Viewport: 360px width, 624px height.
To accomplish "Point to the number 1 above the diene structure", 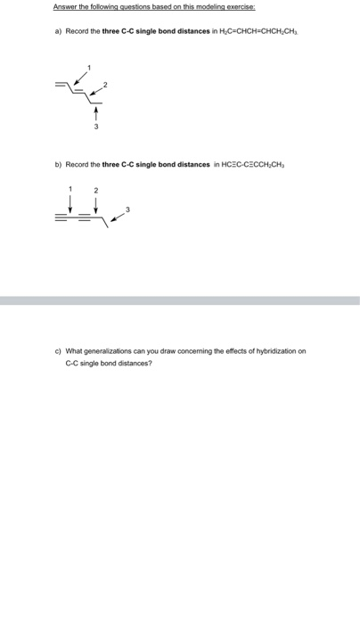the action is (87, 68).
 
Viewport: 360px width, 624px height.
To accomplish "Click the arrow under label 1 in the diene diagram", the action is (83, 78).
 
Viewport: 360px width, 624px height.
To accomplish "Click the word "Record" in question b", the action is (76, 165).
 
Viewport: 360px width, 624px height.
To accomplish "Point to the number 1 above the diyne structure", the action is (71, 189).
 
